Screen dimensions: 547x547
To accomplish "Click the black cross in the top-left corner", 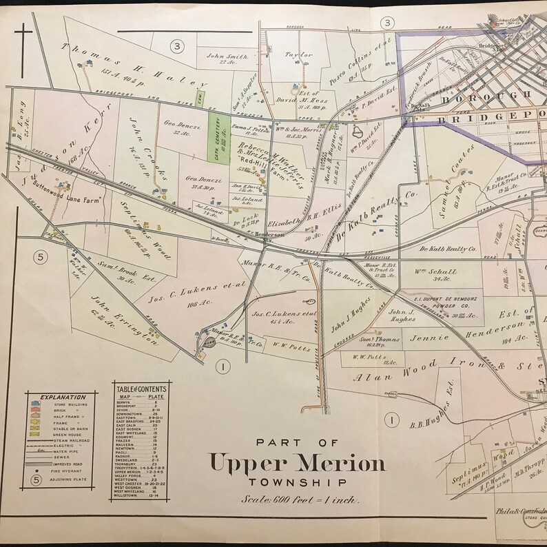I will click(23, 39).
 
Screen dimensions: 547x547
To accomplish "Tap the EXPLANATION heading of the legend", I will click(63, 397).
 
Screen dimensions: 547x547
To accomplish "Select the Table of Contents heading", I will click(141, 389).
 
